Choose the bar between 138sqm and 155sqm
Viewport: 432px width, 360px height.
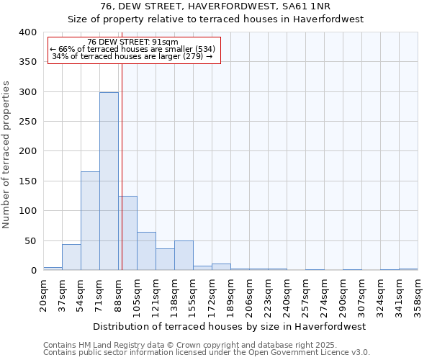184,256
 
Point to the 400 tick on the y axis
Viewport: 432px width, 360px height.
27,32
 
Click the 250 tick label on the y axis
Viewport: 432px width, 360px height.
27,122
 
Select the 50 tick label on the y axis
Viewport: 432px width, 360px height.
30,240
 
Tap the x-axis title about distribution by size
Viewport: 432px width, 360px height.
230,326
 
